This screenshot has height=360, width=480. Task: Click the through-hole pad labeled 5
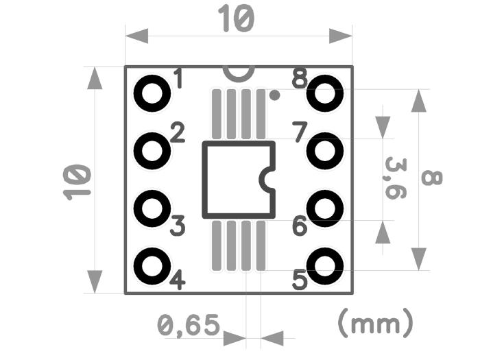324,265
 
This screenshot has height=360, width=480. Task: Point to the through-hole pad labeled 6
324,208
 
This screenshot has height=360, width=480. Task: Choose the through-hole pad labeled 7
324,150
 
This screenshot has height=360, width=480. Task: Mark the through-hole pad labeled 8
324,93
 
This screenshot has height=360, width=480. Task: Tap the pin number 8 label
300,78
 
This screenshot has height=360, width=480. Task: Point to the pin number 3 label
178,226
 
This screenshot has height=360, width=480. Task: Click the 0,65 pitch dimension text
188,324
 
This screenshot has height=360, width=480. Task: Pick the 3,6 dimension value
395,178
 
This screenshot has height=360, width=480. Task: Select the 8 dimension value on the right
431,178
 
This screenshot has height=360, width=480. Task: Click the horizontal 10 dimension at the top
236,19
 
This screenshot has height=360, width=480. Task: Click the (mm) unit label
376,322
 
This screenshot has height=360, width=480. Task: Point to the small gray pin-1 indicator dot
274,96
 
